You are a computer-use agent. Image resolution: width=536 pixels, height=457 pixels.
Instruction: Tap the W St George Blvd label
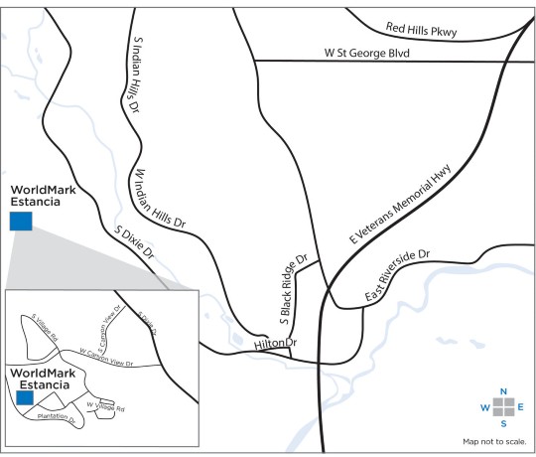[366, 52]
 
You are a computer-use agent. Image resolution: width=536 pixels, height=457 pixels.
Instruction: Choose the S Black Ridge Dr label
[297, 288]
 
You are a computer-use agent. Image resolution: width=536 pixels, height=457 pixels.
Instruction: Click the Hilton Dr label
[276, 343]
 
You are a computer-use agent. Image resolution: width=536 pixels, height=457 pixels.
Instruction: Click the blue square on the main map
[21, 221]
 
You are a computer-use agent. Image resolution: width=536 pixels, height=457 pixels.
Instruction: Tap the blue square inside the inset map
[24, 396]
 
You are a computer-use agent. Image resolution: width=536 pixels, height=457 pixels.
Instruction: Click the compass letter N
[504, 391]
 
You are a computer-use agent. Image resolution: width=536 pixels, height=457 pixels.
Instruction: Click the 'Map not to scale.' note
[495, 440]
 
